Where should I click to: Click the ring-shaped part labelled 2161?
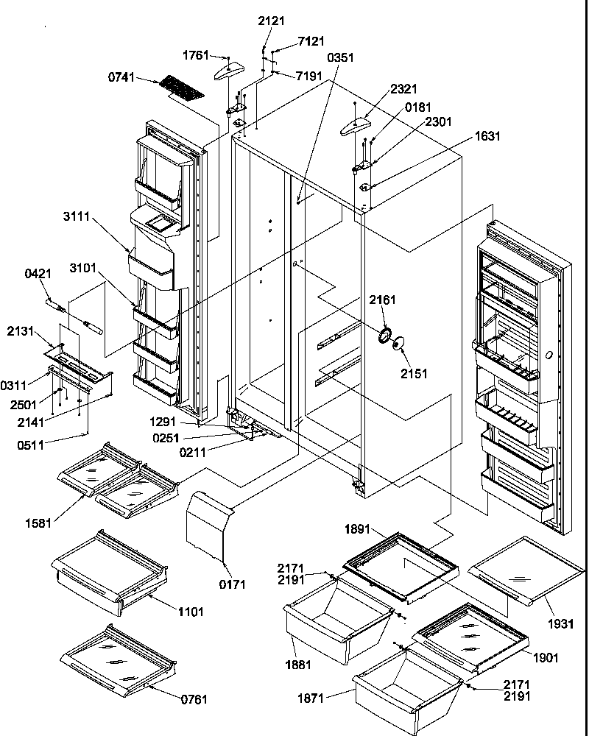(384, 336)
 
